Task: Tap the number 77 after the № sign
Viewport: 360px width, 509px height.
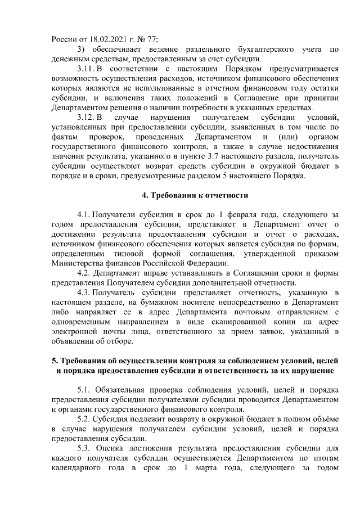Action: coord(151,39)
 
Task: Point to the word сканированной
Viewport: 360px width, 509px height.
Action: coord(227,322)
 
